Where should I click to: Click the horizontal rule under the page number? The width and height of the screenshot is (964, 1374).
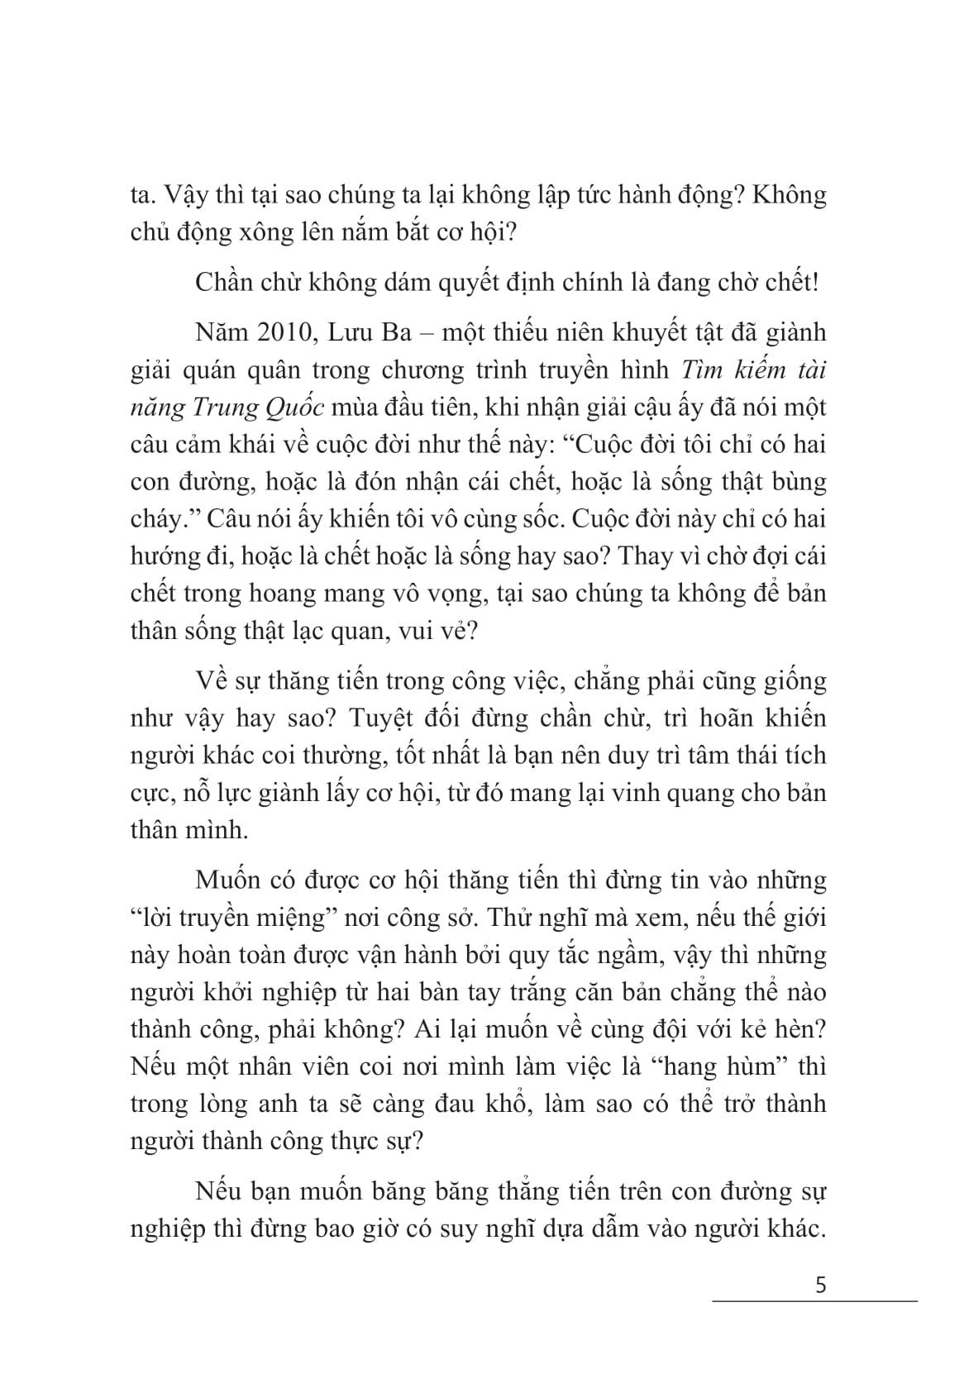(x=814, y=1303)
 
